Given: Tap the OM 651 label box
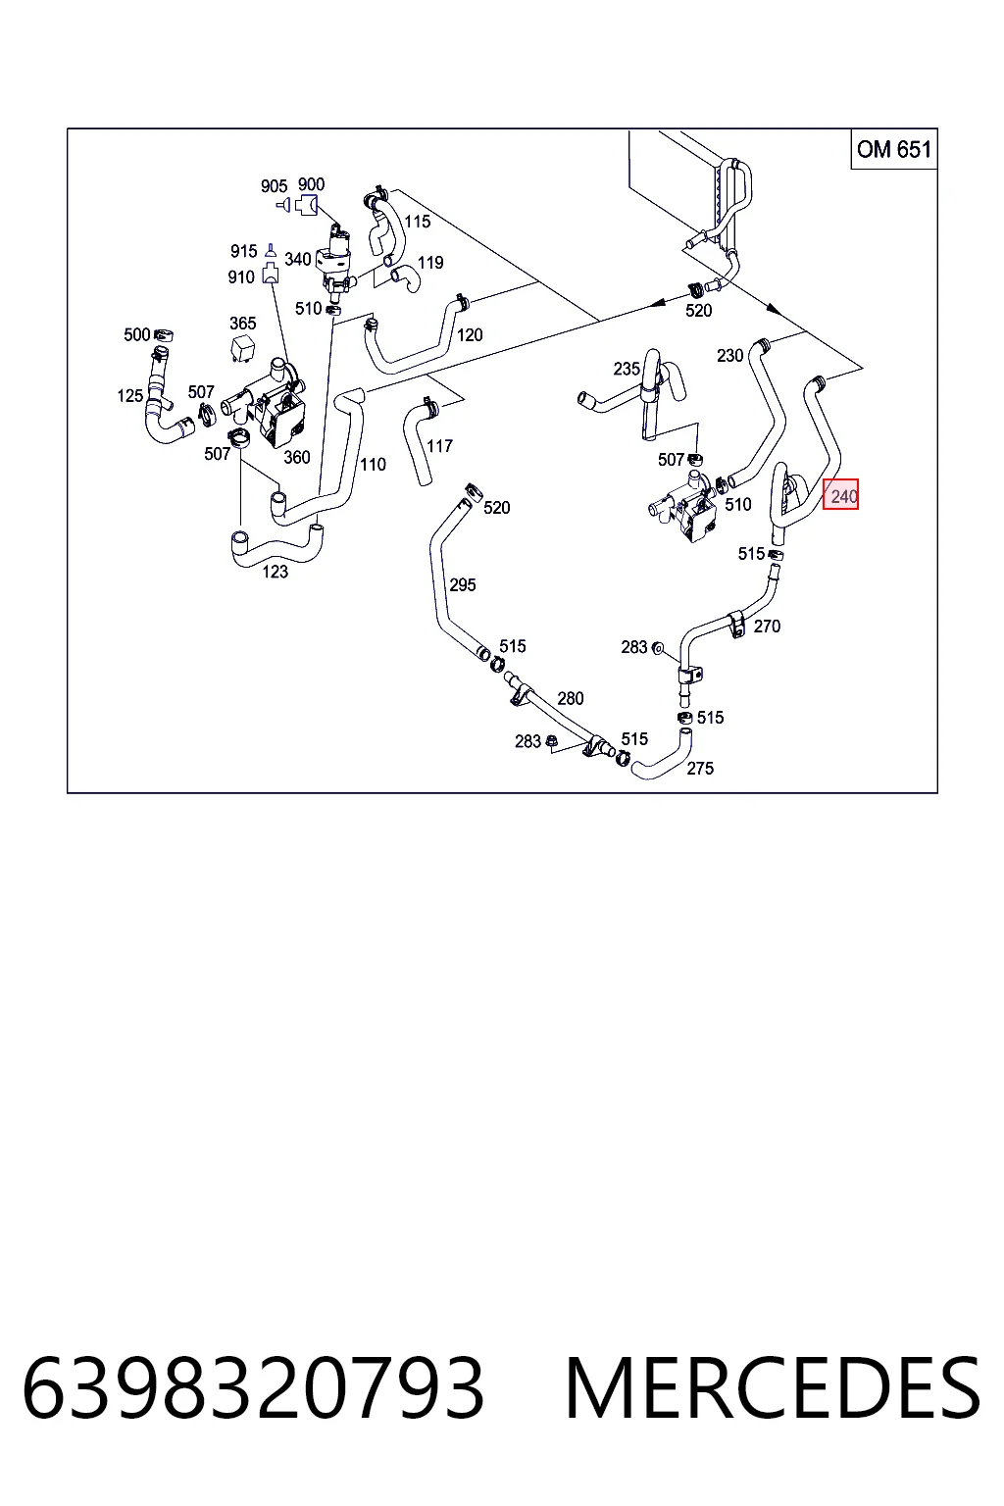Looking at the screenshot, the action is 894,149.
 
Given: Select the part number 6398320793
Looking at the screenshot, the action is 253,1388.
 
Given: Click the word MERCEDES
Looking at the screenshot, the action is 773,1388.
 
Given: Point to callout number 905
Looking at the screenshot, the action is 274,186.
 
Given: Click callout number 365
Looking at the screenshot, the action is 243,324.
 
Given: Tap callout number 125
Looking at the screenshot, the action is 129,395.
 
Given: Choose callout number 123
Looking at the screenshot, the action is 276,572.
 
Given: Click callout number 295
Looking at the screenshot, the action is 463,585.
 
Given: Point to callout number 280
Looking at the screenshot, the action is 571,698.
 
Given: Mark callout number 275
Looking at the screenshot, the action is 700,768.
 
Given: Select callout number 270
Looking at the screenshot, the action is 767,626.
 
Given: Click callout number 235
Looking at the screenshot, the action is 627,369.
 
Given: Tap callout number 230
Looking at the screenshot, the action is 729,355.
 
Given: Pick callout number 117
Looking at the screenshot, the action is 439,446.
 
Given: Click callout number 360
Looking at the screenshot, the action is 296,457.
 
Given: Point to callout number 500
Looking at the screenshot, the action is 136,334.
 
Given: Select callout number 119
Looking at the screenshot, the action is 430,262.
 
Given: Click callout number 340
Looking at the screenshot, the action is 297,259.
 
